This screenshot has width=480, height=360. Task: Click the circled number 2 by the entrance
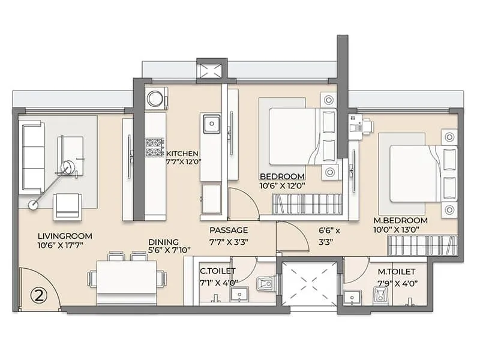click(40, 296)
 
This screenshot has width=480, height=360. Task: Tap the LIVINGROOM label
click(65, 236)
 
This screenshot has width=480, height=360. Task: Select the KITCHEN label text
click(182, 154)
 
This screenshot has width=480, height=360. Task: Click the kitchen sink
click(211, 124)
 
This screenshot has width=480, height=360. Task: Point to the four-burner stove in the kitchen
click(155, 147)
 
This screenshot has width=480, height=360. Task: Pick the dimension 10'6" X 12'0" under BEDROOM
click(282, 185)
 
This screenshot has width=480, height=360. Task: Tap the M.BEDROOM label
click(400, 220)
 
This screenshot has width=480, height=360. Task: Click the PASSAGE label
click(229, 230)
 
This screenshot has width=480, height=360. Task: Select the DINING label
click(163, 242)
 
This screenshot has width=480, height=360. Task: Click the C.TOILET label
click(218, 271)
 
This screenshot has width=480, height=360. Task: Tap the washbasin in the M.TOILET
click(352, 297)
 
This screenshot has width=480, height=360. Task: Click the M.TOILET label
click(397, 272)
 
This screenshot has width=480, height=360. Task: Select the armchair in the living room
click(67, 206)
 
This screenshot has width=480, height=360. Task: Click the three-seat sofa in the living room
click(32, 157)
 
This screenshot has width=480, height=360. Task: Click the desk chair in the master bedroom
click(367, 125)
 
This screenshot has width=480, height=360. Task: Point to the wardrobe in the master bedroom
click(422, 246)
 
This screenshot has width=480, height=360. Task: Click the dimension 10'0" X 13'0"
click(396, 230)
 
